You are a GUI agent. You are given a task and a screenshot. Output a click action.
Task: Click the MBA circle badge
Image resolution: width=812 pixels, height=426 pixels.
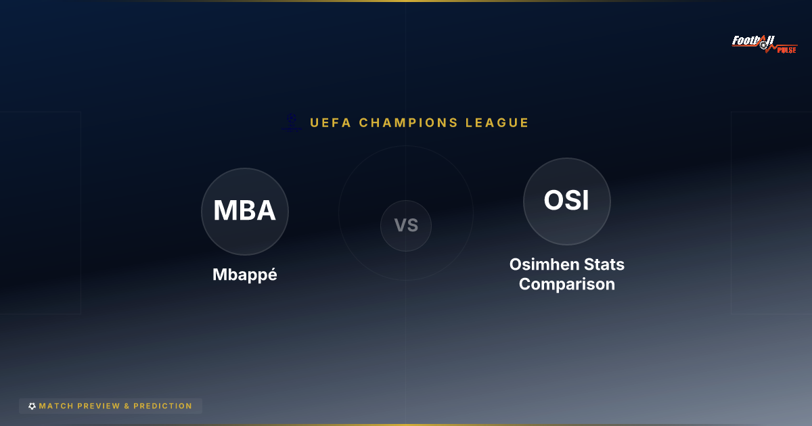(245, 211)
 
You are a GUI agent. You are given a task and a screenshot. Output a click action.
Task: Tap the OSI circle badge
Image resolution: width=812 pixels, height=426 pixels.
(567, 201)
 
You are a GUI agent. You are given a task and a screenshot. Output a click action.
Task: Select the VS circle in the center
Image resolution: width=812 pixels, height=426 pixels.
(406, 226)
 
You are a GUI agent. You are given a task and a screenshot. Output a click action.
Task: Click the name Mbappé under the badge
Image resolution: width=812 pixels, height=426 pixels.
(245, 275)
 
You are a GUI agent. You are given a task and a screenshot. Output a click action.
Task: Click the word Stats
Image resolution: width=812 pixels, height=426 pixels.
(606, 264)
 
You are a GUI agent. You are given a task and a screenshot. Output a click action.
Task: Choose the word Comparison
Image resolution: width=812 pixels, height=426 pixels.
(567, 284)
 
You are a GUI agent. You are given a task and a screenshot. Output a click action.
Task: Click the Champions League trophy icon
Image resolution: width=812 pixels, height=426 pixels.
(292, 122)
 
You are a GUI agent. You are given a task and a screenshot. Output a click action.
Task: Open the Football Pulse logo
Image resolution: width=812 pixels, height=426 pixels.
(765, 44)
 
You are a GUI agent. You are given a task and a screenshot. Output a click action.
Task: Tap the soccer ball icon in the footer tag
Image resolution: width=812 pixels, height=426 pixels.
(32, 406)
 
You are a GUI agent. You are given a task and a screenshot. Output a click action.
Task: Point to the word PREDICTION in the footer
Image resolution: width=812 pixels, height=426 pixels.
(162, 406)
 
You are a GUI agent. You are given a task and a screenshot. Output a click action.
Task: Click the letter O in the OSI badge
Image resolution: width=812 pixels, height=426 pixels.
(554, 201)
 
